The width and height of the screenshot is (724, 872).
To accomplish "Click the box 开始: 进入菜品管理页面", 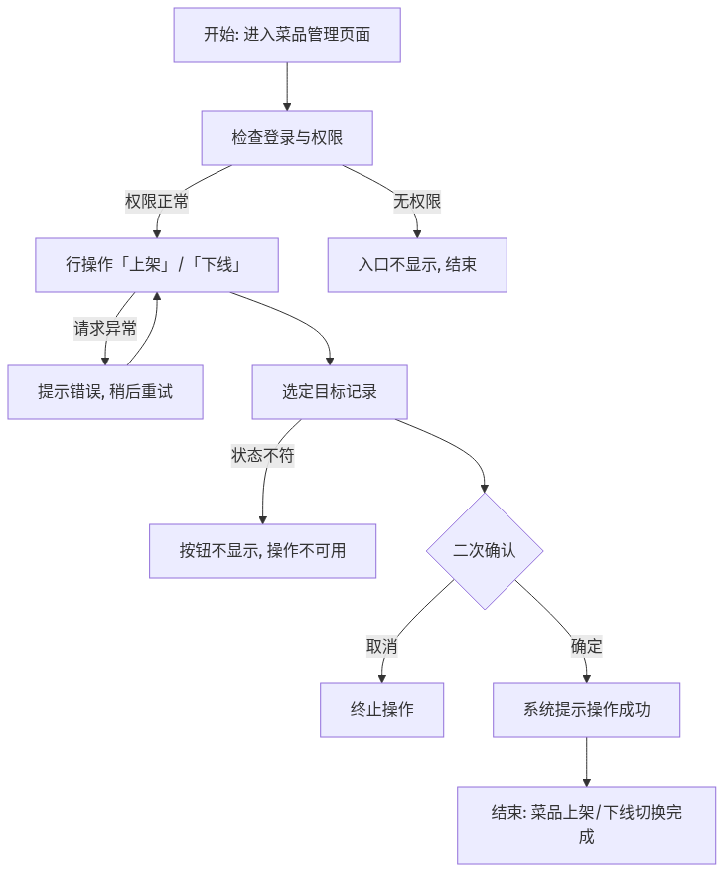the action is (287, 35).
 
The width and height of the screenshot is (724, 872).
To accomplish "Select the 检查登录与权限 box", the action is (287, 138).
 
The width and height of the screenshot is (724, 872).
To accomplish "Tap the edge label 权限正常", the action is (157, 201).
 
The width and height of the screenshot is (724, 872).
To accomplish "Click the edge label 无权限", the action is (417, 201).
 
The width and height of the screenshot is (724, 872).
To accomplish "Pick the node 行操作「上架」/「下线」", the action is (157, 265).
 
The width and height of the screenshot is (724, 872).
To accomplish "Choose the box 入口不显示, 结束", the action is (417, 265).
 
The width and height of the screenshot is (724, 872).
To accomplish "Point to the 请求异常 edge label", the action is (105, 328).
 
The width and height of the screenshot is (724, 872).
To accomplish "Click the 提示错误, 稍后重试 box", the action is (105, 392).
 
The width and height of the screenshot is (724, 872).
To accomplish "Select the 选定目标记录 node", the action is (330, 392).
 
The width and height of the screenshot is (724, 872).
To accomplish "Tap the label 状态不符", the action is (263, 456).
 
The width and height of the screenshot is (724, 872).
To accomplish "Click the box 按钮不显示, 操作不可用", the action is (262, 551).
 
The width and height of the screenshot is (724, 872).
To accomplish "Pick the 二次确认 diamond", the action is (485, 551).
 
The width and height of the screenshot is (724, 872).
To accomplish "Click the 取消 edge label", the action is (382, 647).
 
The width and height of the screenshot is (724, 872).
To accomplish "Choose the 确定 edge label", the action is (587, 647).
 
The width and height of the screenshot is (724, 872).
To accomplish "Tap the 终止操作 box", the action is (382, 710).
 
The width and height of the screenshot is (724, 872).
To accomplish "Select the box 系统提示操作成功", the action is (587, 710).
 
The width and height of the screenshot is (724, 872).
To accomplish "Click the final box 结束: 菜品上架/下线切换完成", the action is (587, 825).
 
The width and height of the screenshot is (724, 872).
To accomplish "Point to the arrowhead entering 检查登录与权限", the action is (287, 107).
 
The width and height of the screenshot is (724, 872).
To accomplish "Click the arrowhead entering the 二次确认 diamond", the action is (485, 489).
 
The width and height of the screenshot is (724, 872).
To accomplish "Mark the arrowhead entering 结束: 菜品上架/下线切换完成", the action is (587, 783).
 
